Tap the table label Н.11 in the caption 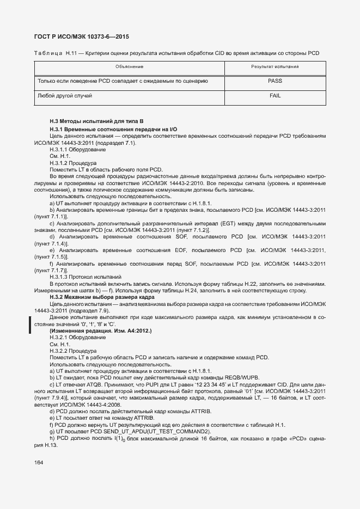click(x=71, y=53)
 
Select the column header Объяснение click(x=129, y=66)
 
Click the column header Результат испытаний click(x=274, y=66)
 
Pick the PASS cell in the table click(x=275, y=81)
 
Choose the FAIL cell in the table click(x=275, y=95)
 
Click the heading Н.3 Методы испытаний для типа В click(x=96, y=120)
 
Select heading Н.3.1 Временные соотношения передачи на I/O click(x=113, y=128)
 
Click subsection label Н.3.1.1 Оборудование click(x=77, y=149)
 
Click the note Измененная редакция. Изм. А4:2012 click(x=100, y=331)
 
